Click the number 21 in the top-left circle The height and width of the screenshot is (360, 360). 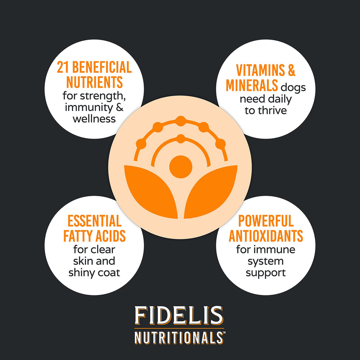coord(63,67)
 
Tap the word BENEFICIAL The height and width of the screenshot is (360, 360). coord(102,67)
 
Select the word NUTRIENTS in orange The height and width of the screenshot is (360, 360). coord(94,82)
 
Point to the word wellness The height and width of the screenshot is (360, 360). coord(94,119)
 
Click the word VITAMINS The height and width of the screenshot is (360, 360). coord(261,70)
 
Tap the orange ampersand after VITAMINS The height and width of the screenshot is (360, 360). coord(291,70)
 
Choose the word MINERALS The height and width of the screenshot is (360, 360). coord(252,85)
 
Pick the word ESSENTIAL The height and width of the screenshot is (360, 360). coord(94,221)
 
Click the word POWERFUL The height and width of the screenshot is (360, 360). coord(266,221)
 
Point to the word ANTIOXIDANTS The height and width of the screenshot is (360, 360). coord(266,236)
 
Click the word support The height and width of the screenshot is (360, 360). coord(265,273)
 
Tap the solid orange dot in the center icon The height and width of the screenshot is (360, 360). coord(181,166)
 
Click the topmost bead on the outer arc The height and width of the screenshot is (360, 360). coord(181,121)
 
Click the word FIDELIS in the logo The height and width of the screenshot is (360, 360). coord(179,315)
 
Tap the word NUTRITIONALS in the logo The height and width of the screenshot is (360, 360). coord(179,337)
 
